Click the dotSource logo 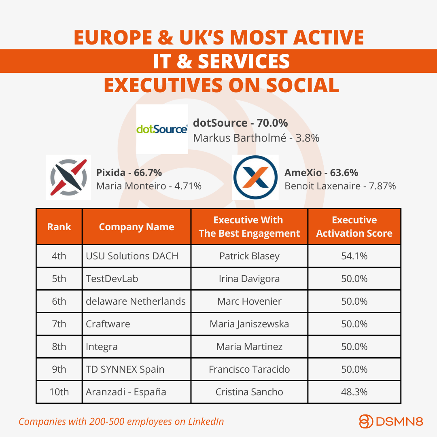pos(162,129)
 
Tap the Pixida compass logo pos(68,177)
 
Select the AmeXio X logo pos(255,177)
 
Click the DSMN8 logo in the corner pos(391,421)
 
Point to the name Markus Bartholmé pos(240,138)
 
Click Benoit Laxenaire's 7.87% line pos(340,186)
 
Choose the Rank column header pos(59,227)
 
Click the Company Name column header pos(137,227)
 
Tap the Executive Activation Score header pos(354,227)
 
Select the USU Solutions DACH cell pos(137,256)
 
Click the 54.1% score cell pos(354,256)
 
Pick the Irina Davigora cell pos(249,279)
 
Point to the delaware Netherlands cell pos(137,301)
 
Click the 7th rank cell pos(59,324)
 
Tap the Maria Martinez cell pos(249,347)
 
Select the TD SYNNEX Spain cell pos(137,369)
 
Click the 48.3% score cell pos(354,392)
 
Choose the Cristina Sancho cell pos(249,392)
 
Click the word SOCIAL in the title pos(302,85)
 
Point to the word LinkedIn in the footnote pos(206,421)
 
